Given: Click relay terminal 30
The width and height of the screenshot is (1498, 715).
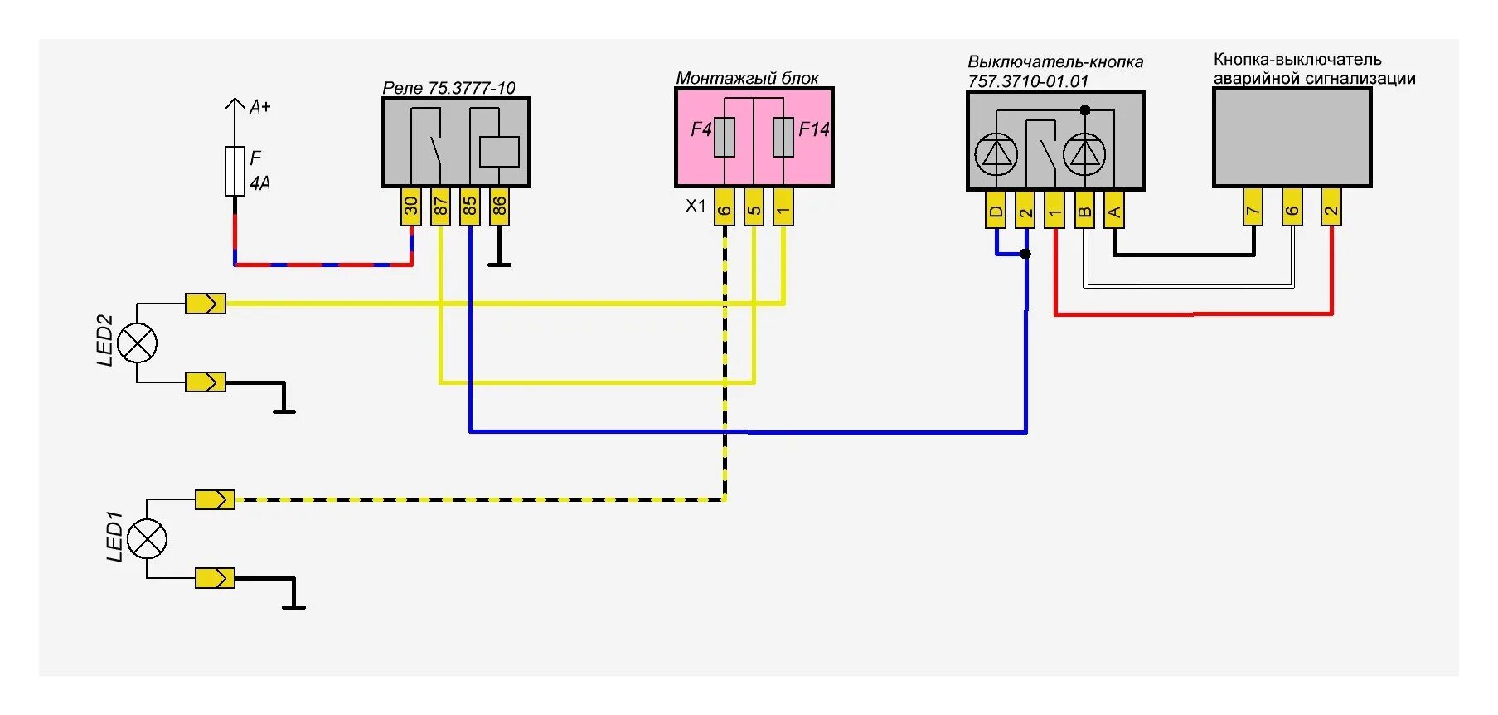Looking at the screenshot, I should coord(410,207).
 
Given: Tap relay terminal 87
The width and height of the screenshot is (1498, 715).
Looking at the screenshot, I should coord(440,207).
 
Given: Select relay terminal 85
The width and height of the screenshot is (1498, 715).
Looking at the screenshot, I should coord(469,207).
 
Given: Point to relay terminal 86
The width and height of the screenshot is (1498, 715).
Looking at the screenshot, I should coord(499,207).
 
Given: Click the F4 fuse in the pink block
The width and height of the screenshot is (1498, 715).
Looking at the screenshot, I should coord(725,138).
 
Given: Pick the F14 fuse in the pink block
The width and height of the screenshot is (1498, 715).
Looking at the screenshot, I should coord(783,138).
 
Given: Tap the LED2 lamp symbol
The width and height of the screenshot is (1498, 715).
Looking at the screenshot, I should coord(138,343).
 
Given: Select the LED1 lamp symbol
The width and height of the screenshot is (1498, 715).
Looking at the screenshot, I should coord(148,539).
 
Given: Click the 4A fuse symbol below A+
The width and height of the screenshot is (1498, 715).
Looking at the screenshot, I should coord(235,171).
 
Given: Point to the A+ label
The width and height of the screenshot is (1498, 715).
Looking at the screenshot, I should coord(259,107).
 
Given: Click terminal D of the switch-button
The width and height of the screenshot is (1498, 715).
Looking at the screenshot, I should coord(996,210).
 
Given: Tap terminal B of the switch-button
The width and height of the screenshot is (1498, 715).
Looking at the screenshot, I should coord(1084,210).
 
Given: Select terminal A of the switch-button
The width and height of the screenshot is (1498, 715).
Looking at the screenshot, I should coord(1114,210).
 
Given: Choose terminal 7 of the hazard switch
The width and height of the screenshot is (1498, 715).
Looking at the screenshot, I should coord(1253,207).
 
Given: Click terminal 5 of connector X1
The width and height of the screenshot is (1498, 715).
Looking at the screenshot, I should coord(754,207).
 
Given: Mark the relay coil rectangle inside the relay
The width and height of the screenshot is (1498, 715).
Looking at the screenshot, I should coord(499,152).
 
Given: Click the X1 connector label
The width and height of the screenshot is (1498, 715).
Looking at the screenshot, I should coord(696,206).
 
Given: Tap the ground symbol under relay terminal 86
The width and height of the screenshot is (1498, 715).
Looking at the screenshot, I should coord(499,263).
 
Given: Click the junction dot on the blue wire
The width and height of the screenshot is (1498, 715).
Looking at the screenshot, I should coord(1025,254).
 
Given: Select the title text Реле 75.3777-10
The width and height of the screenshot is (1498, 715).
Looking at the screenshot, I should coord(448,88).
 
